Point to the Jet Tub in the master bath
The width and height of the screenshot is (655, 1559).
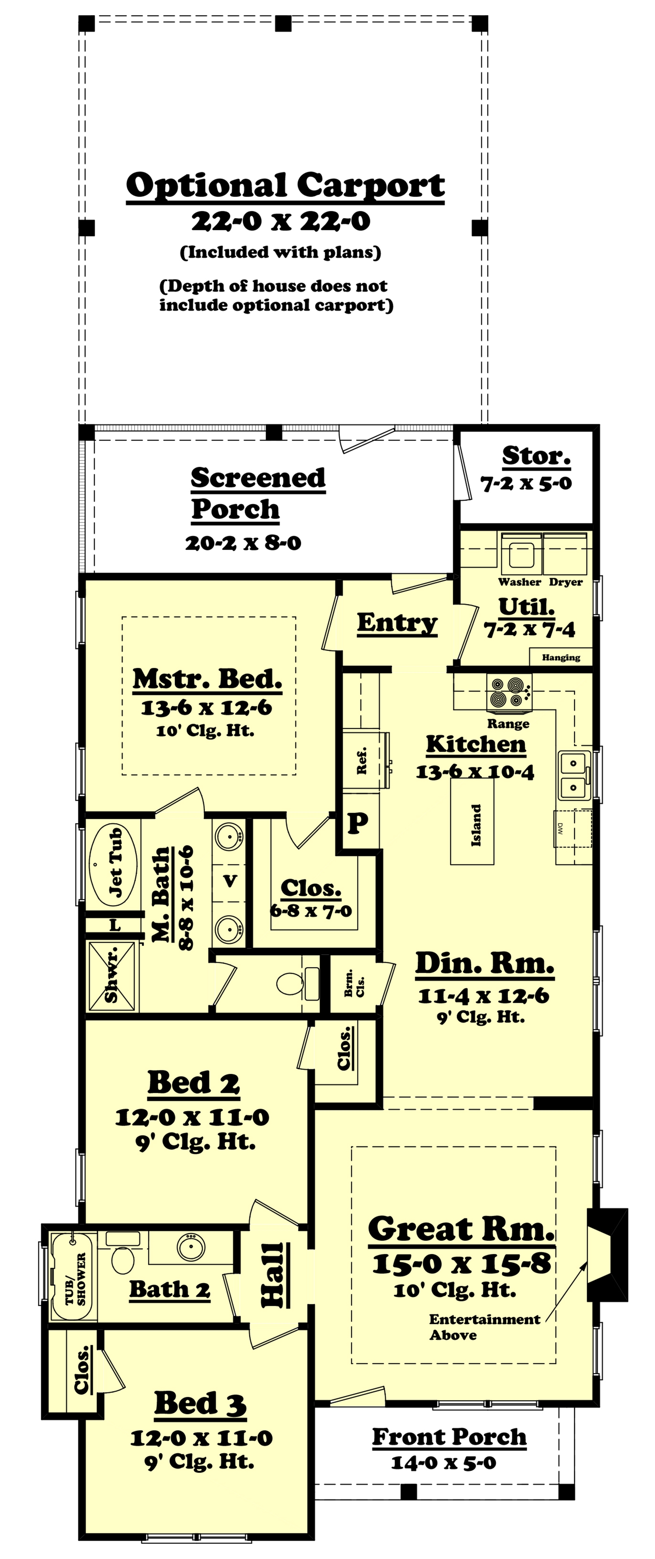pos(113,864)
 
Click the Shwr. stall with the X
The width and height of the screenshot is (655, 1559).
pos(112,976)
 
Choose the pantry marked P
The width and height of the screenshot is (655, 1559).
pos(358,823)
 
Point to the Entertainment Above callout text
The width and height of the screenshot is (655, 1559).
pos(484,1327)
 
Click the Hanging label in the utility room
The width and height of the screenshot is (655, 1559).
pos(561,657)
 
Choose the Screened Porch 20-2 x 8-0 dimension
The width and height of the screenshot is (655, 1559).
pos(243,543)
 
